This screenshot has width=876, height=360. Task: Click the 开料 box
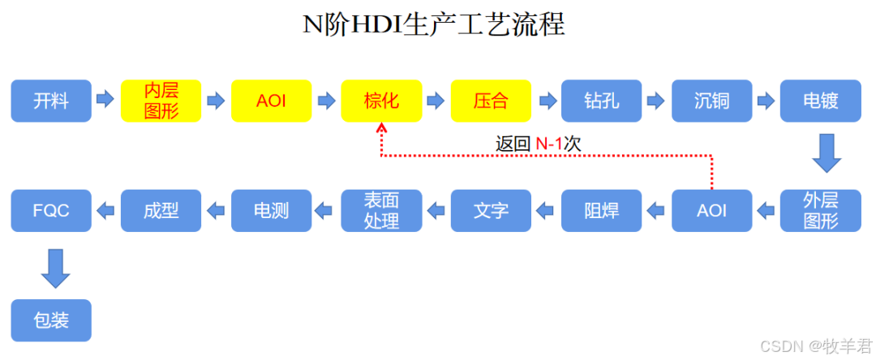51,101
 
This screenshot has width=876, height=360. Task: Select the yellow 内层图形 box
161,101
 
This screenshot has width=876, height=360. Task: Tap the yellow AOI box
271,101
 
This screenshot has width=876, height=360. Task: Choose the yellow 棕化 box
381,101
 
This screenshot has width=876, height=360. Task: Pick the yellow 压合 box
491,101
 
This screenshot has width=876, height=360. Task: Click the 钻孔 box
601,101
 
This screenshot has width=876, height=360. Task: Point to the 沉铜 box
711,101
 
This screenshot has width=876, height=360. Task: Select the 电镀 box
821,101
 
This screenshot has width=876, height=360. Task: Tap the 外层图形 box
821,211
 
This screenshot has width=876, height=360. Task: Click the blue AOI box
711,211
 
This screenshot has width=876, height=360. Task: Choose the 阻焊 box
601,211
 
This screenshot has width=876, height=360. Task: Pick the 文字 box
491,211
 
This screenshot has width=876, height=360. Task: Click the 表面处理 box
381,211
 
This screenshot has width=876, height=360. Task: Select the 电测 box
271,211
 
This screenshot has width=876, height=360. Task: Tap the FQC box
51,211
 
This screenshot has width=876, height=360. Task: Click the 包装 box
51,320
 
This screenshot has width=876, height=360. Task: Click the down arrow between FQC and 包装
56,268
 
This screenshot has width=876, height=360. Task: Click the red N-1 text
549,144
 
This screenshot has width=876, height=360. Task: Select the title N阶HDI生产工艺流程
434,24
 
